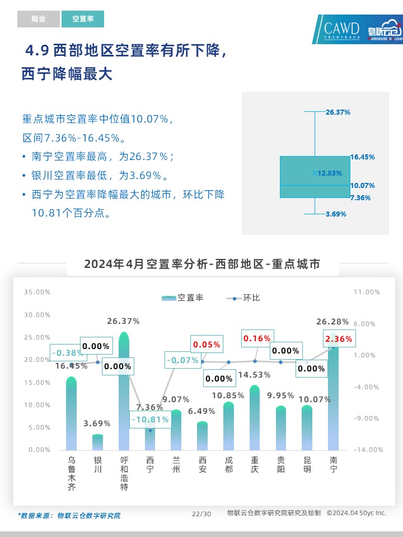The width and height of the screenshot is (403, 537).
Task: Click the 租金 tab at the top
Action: point(38,19)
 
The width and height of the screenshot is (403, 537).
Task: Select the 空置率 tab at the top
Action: point(83,19)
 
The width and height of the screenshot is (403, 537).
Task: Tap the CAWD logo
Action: point(341,30)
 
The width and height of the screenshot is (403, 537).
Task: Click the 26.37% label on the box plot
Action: point(338,112)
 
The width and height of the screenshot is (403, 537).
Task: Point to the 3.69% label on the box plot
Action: point(336,214)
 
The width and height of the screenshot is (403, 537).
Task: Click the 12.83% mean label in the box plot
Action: point(329,173)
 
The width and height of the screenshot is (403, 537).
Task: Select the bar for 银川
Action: point(98,442)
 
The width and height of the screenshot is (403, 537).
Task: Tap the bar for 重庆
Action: point(255,420)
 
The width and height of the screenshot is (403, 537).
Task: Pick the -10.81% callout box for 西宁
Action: point(149,420)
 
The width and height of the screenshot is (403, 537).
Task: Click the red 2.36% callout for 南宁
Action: point(339,339)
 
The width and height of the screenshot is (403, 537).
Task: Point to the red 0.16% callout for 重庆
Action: point(257,338)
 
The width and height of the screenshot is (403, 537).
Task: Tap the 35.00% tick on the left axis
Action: point(37,292)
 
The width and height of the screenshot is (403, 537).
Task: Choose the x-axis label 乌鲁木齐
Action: point(72,473)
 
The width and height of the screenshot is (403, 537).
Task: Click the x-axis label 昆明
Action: point(307,465)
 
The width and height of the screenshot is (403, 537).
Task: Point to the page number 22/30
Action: point(201,514)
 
